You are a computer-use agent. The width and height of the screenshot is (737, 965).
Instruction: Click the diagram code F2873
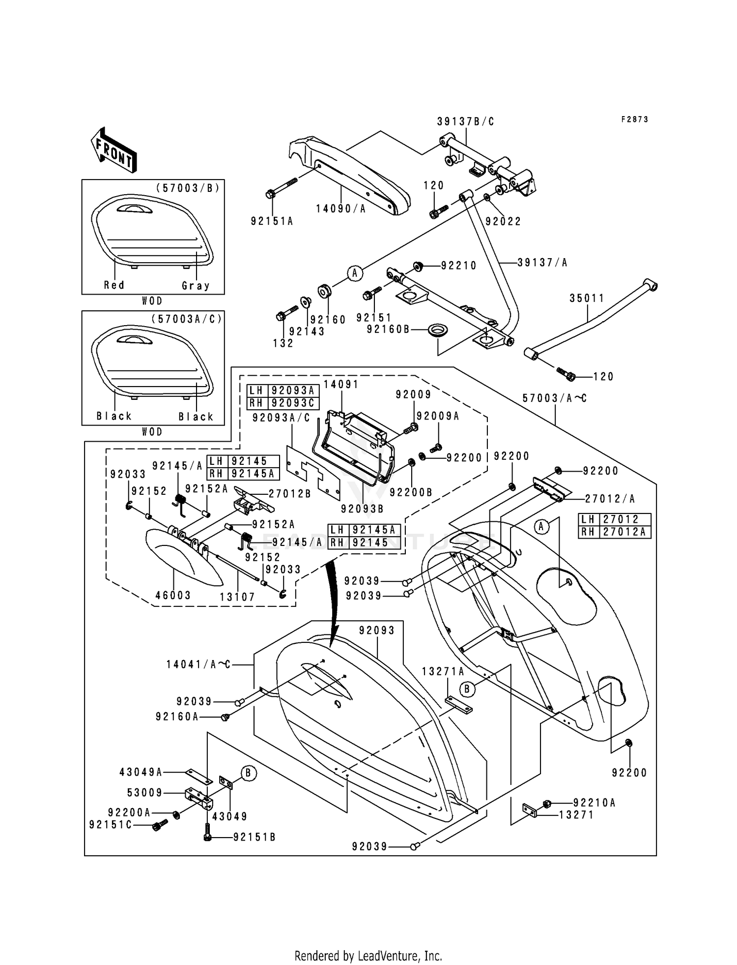[634, 120]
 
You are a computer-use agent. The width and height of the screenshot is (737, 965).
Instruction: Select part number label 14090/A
[341, 209]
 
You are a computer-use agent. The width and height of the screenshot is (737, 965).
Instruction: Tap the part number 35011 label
[587, 298]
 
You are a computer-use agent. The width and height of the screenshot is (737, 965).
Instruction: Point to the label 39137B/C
[466, 122]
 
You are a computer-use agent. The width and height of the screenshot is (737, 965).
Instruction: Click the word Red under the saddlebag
[114, 285]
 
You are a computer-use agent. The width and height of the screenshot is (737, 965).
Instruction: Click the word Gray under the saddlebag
[196, 286]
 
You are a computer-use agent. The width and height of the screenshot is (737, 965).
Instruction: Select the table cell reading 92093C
[293, 403]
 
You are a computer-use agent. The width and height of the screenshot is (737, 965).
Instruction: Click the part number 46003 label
[173, 595]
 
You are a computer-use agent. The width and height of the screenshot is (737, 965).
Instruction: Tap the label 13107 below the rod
[237, 597]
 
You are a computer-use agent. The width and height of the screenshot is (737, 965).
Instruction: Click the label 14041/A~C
[198, 664]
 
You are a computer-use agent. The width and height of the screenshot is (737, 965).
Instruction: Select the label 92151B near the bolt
[254, 837]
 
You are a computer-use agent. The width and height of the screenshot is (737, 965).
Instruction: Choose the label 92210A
[594, 803]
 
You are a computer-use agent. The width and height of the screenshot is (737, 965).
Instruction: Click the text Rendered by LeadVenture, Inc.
[368, 956]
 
